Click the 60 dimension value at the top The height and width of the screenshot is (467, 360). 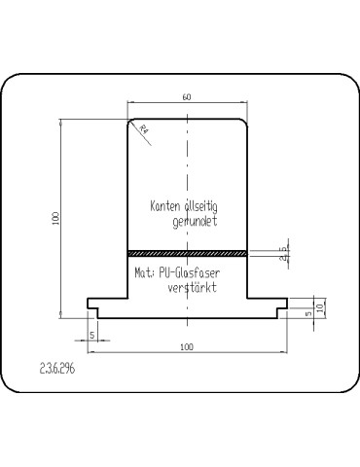pyautogui.click(x=187, y=97)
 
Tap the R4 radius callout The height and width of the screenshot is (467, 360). pyautogui.click(x=144, y=129)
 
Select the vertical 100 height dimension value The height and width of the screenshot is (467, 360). pyautogui.click(x=55, y=219)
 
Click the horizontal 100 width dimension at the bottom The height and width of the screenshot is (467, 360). pyautogui.click(x=187, y=347)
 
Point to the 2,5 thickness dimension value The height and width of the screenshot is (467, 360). pyautogui.click(x=284, y=254)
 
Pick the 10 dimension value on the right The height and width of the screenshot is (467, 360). pyautogui.click(x=320, y=307)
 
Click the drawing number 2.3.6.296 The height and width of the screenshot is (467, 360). pyautogui.click(x=57, y=369)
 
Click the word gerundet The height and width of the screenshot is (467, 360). pyautogui.click(x=195, y=222)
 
